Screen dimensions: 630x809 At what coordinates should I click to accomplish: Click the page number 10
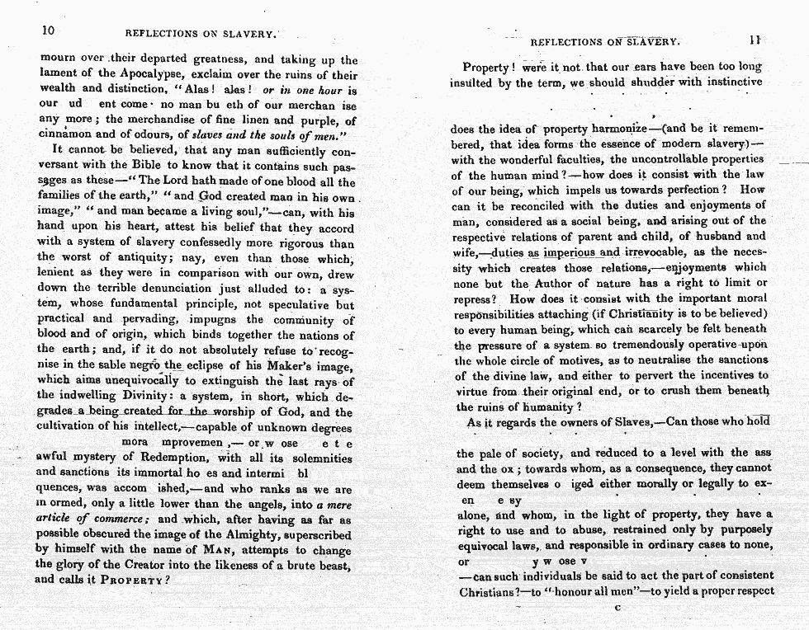[x=48, y=31]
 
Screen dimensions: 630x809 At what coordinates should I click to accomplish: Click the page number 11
[x=755, y=39]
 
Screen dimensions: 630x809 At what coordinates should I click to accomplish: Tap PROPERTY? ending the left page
[x=137, y=581]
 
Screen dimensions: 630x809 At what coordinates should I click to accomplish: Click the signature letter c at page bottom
[x=617, y=609]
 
